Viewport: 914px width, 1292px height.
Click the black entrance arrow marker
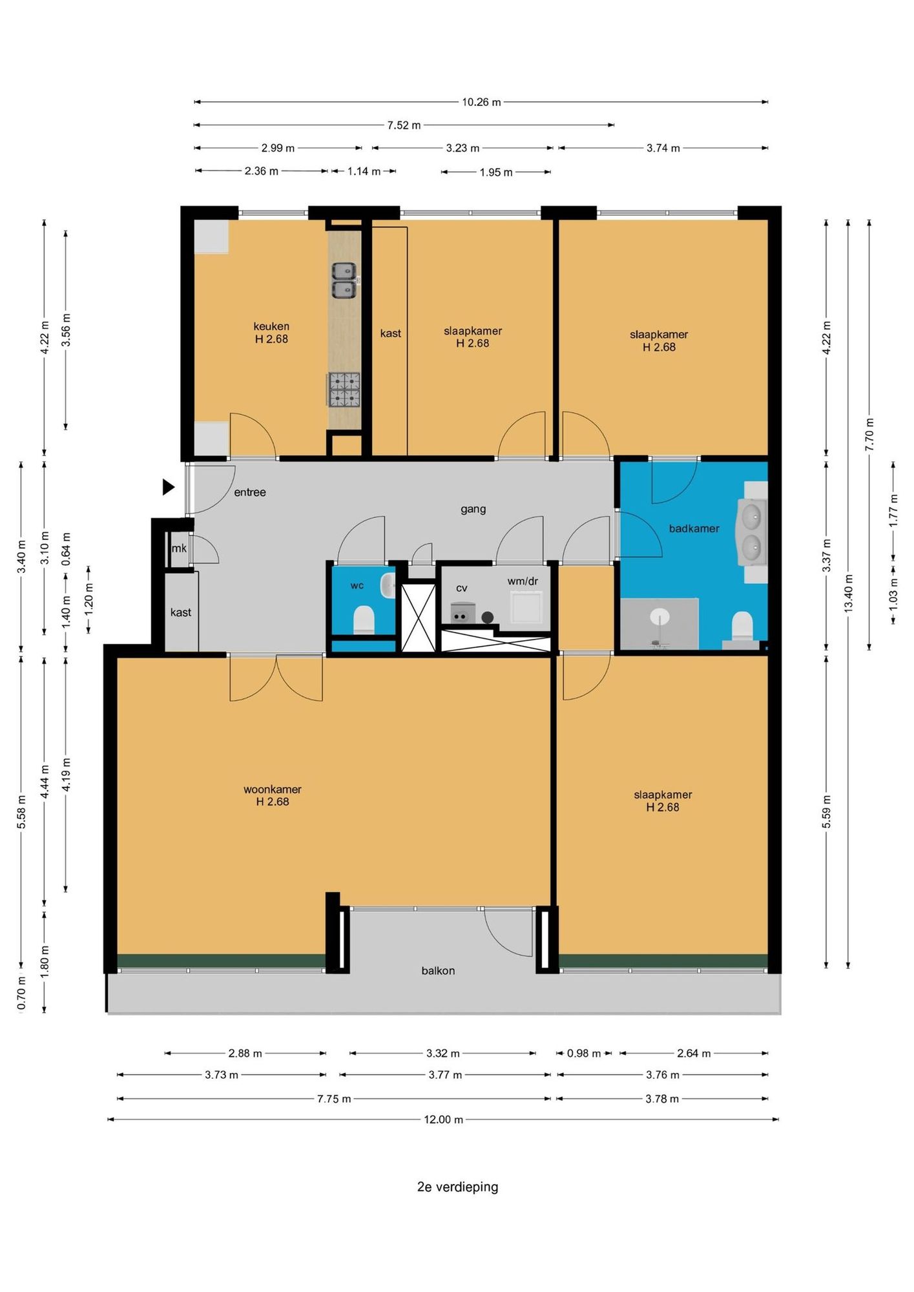click(168, 487)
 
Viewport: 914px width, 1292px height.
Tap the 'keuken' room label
click(271, 327)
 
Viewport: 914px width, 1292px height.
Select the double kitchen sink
click(344, 280)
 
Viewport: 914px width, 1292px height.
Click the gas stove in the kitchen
click(344, 390)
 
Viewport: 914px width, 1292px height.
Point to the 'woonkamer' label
click(273, 789)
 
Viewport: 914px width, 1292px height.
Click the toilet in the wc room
click(364, 620)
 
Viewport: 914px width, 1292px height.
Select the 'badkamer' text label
click(694, 528)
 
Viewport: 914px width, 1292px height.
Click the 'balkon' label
click(438, 971)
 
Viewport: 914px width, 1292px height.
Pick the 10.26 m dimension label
click(481, 102)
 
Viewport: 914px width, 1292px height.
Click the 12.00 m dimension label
click(444, 1120)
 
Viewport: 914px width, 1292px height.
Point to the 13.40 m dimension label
click(849, 593)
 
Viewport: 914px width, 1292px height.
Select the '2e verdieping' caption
click(457, 1187)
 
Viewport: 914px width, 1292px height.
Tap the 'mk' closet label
click(179, 548)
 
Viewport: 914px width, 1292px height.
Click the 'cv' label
click(461, 589)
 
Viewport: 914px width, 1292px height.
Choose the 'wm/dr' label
click(523, 581)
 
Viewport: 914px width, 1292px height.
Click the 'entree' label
click(250, 492)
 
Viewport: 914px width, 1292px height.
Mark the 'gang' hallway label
click(473, 510)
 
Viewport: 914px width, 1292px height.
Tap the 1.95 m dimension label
click(496, 172)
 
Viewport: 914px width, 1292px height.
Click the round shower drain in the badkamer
click(660, 615)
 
